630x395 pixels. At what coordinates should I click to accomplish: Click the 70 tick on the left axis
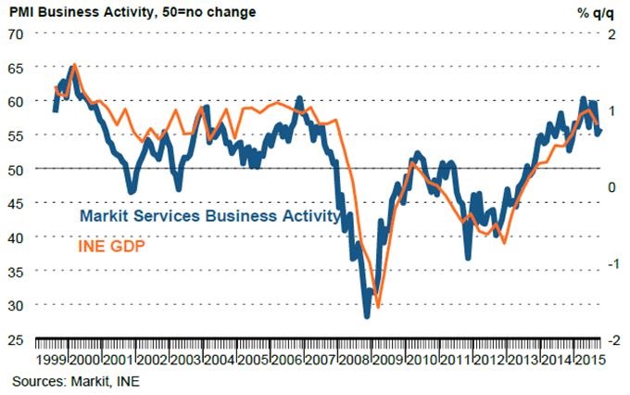point(16,34)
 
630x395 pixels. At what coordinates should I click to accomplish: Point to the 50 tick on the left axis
point(16,170)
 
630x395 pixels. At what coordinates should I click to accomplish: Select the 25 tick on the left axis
point(16,340)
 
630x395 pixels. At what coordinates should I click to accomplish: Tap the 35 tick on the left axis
point(16,272)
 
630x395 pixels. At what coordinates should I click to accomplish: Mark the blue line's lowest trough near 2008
point(366,316)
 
